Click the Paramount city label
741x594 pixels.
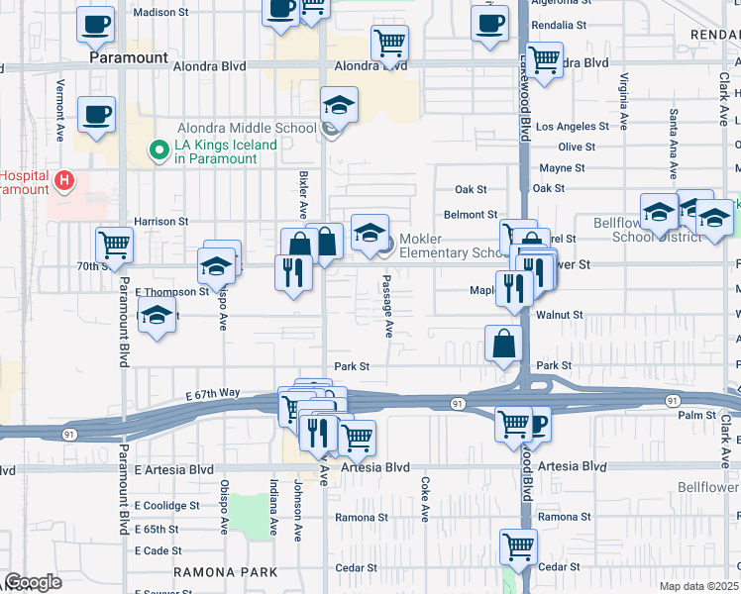point(129,57)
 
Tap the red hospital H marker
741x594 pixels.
point(64,180)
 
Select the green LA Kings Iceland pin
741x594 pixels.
point(157,150)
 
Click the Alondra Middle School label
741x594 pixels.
point(247,128)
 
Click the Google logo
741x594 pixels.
point(32,582)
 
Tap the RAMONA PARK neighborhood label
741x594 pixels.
point(225,572)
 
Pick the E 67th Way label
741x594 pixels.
point(213,393)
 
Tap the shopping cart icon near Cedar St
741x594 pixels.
point(519,544)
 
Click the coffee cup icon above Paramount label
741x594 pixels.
point(95,23)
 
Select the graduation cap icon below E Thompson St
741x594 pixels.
point(157,317)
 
